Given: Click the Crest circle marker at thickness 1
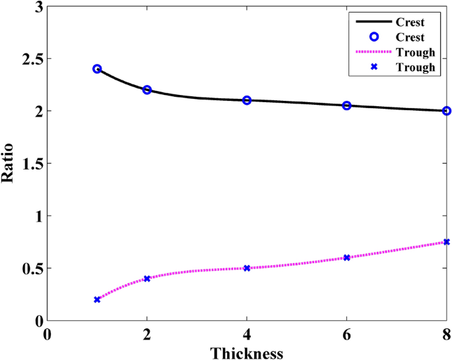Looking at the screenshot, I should click(97, 69).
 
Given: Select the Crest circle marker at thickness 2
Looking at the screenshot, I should click(147, 90).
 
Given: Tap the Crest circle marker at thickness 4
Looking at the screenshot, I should click(247, 100).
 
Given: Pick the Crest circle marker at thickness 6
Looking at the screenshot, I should click(346, 105).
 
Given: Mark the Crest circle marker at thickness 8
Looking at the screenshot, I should click(447, 111).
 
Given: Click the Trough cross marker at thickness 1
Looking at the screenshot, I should click(97, 299).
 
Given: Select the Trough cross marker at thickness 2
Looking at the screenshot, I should click(147, 278).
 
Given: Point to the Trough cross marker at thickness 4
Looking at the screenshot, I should click(247, 268).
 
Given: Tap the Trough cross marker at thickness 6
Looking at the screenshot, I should click(346, 258).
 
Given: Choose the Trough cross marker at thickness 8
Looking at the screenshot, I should click(447, 242).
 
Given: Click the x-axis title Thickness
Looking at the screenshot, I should click(247, 353).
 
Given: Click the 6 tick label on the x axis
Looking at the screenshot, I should click(346, 334).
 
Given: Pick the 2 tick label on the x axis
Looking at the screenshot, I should click(147, 334).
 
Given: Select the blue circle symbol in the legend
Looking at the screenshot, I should click(373, 36).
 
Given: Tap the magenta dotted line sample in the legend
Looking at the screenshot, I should click(373, 51).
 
